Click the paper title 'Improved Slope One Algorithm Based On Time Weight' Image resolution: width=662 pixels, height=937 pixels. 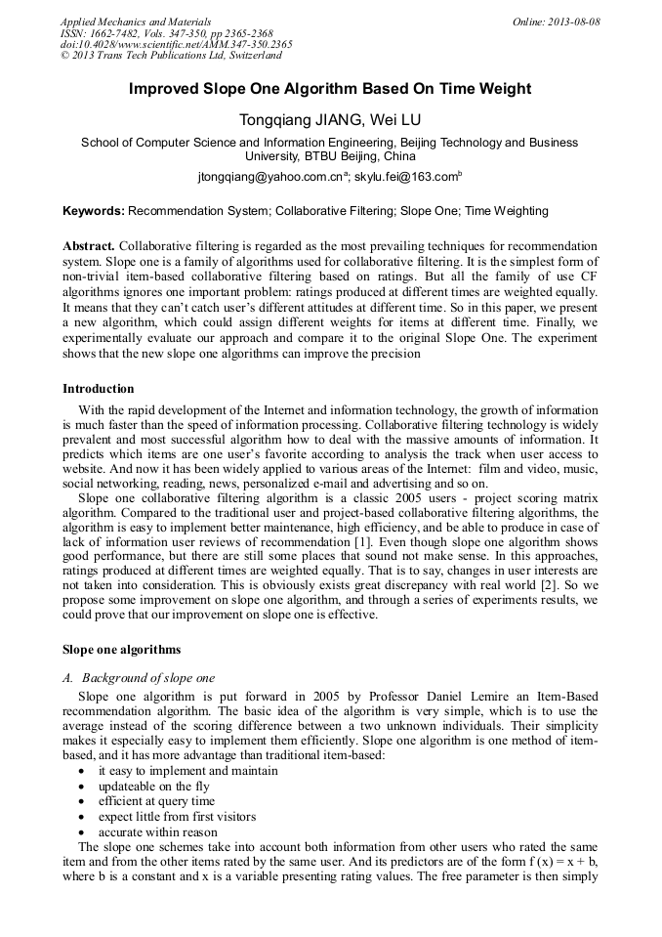pyautogui.click(x=330, y=89)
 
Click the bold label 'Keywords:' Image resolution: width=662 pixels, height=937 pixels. pyautogui.click(x=94, y=210)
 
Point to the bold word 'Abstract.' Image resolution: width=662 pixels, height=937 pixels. pyautogui.click(x=89, y=245)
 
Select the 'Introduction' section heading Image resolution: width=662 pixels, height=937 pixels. pyautogui.click(x=99, y=389)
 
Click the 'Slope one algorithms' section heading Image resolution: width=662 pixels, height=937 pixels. pyautogui.click(x=121, y=649)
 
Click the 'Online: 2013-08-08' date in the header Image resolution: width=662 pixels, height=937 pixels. pyautogui.click(x=557, y=21)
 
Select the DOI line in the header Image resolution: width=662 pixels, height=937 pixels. pyautogui.click(x=176, y=44)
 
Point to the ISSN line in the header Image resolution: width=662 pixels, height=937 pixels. pyautogui.click(x=166, y=33)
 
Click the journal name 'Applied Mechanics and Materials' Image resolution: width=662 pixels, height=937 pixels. pyautogui.click(x=136, y=21)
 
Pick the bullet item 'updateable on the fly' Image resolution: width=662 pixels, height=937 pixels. pyautogui.click(x=153, y=786)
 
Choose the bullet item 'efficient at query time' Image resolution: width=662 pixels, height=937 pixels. pyautogui.click(x=156, y=801)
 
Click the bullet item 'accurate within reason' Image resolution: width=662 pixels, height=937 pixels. pyautogui.click(x=157, y=832)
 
